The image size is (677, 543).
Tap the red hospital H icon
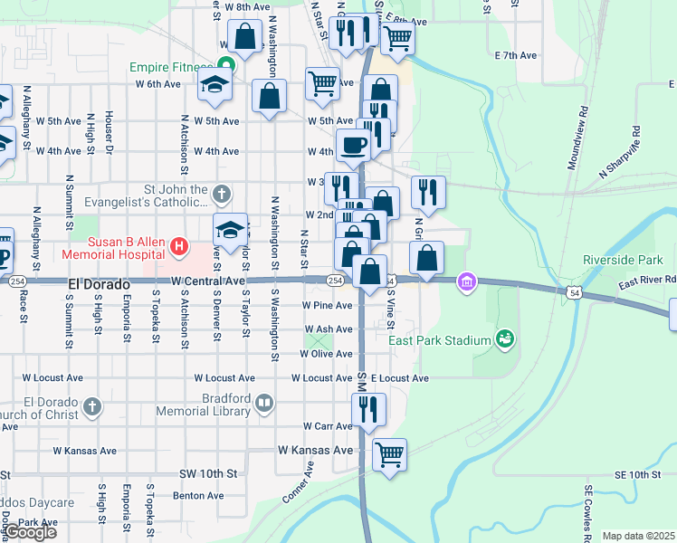179,245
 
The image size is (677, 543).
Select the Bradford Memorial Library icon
264,403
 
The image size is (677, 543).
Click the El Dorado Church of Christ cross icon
91,408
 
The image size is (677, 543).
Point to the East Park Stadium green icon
505,340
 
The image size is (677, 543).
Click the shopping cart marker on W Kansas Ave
389,453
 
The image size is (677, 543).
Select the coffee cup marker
353,144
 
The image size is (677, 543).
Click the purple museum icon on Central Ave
467,282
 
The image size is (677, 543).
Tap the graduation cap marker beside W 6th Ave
215,84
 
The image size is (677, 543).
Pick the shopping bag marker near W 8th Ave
244,37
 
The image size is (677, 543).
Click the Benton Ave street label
198,495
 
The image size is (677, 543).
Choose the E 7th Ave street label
516,55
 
